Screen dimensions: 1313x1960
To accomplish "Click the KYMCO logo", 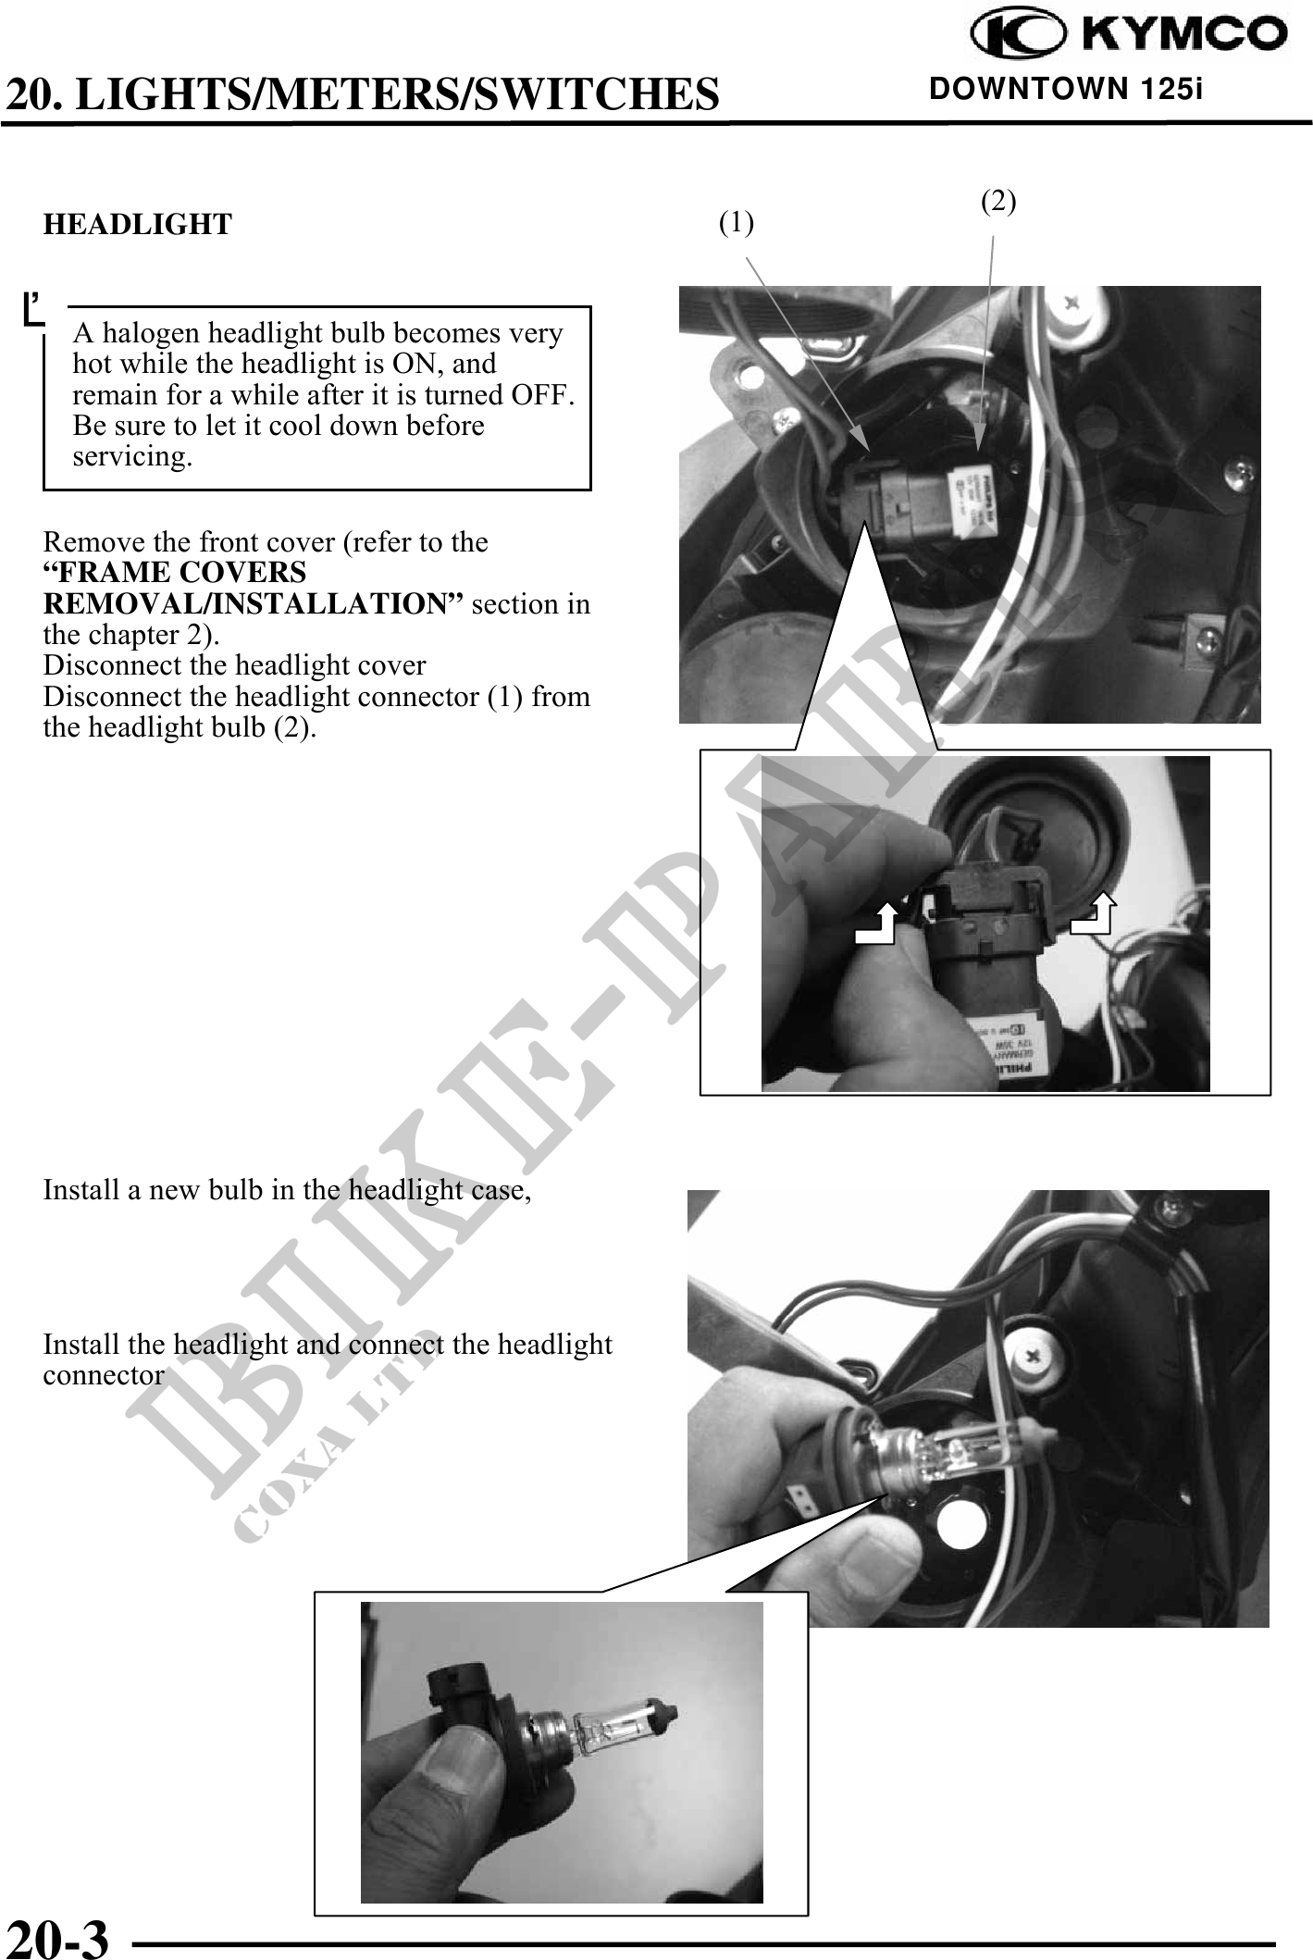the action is tap(1129, 34).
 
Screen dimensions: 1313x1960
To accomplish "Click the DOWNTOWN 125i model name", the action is tap(1066, 90).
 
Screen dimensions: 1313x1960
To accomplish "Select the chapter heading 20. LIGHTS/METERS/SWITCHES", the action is tap(363, 93).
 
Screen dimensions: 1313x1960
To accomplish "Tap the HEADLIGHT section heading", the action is tap(138, 224).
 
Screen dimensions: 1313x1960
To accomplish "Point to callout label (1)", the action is tap(737, 222).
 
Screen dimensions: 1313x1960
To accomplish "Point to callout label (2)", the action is tap(998, 201).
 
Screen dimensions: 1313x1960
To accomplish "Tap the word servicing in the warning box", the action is tap(132, 457).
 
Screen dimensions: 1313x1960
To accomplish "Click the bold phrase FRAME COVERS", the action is tap(175, 572).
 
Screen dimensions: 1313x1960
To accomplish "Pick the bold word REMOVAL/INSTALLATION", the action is tap(253, 603).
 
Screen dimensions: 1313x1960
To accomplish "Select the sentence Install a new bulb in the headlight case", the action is tap(288, 1190).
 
